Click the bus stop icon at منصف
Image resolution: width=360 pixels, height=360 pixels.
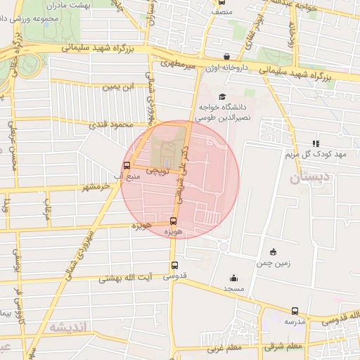(222, 2)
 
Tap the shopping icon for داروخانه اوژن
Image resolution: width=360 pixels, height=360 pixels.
(226, 56)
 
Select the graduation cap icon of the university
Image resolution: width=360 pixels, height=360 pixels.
(223, 97)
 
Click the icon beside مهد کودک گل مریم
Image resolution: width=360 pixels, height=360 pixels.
(316, 143)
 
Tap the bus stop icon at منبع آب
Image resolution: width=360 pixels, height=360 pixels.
(127, 166)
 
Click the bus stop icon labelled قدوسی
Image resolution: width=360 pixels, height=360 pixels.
(174, 265)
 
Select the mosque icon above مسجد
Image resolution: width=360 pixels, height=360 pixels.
(233, 278)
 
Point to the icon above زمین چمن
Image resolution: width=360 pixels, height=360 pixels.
(273, 252)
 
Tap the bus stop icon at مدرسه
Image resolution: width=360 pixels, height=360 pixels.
(295, 310)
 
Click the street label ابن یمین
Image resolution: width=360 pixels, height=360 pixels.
(117, 87)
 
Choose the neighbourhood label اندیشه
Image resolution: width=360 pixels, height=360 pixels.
(68, 328)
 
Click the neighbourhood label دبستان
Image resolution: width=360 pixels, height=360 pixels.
(309, 178)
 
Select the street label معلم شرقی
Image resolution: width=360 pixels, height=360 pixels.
(285, 346)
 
